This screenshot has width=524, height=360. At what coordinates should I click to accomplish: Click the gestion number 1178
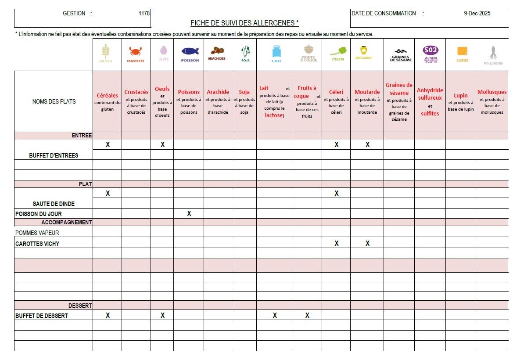(144, 13)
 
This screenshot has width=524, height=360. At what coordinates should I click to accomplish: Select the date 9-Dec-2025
(477, 13)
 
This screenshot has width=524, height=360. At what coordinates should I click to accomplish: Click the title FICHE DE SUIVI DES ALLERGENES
(244, 22)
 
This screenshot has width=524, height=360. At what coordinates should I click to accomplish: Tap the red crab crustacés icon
(136, 52)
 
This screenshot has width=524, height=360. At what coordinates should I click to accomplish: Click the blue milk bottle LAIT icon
(276, 52)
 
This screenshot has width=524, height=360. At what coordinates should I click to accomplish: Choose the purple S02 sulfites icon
(430, 50)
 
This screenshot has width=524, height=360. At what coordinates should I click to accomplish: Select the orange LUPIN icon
(461, 51)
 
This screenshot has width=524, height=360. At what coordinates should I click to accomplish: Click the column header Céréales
(108, 95)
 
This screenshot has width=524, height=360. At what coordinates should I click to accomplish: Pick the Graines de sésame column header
(399, 89)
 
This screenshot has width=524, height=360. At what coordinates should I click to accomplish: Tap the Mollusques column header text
(492, 92)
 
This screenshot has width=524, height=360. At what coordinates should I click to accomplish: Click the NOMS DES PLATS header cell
(54, 101)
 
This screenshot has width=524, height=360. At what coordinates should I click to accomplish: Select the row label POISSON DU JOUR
(39, 214)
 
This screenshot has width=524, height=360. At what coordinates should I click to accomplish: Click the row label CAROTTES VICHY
(37, 244)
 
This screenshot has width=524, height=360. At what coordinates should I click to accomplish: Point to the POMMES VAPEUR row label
(37, 233)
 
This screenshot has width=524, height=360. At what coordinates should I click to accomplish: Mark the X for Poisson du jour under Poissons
(189, 214)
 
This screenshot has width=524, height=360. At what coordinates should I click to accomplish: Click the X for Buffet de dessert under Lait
(275, 315)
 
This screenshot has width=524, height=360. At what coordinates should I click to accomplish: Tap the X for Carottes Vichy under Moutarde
(368, 243)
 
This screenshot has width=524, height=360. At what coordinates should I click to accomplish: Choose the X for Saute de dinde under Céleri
(337, 193)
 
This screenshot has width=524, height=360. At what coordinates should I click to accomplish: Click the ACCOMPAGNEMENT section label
(67, 222)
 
